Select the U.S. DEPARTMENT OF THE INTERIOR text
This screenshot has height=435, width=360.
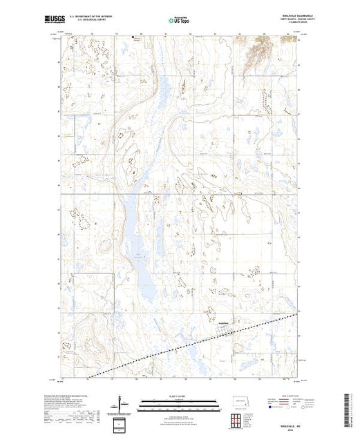[x=103, y=18]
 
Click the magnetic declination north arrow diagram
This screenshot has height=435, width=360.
[x=122, y=402]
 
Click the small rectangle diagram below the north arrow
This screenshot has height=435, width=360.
[x=122, y=423]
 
